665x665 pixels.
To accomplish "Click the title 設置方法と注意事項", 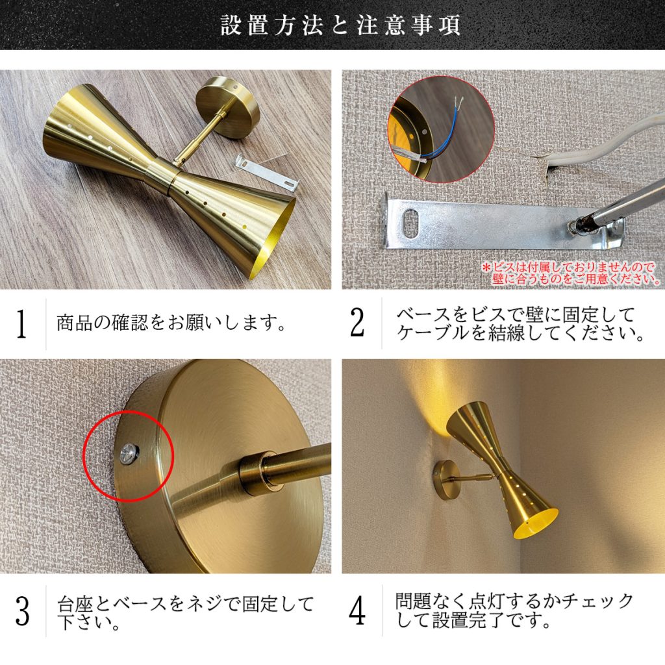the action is (x=340, y=25).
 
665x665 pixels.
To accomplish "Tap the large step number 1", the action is (x=21, y=324).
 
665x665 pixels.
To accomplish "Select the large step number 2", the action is (x=357, y=323).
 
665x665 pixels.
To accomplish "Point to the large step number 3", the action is (x=23, y=612).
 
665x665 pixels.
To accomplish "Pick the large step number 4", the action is (x=357, y=611).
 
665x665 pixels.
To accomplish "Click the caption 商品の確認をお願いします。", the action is (x=171, y=323).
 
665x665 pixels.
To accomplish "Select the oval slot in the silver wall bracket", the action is (x=410, y=222).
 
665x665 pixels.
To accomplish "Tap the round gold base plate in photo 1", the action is (x=228, y=107).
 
